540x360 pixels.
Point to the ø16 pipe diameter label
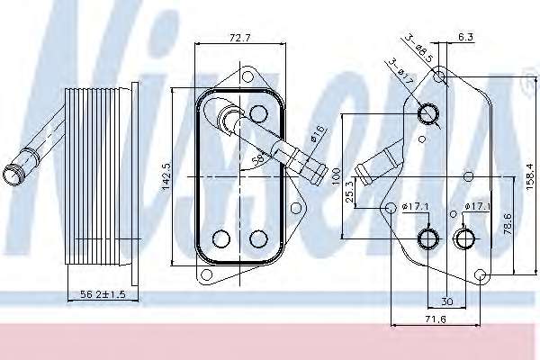pos(318,134)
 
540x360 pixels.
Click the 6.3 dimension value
pos(464,38)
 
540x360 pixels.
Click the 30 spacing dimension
pos(446,301)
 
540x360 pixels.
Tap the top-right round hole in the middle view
pos(258,113)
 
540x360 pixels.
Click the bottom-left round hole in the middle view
pos(220,238)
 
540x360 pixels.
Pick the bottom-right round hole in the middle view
pos(257,238)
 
